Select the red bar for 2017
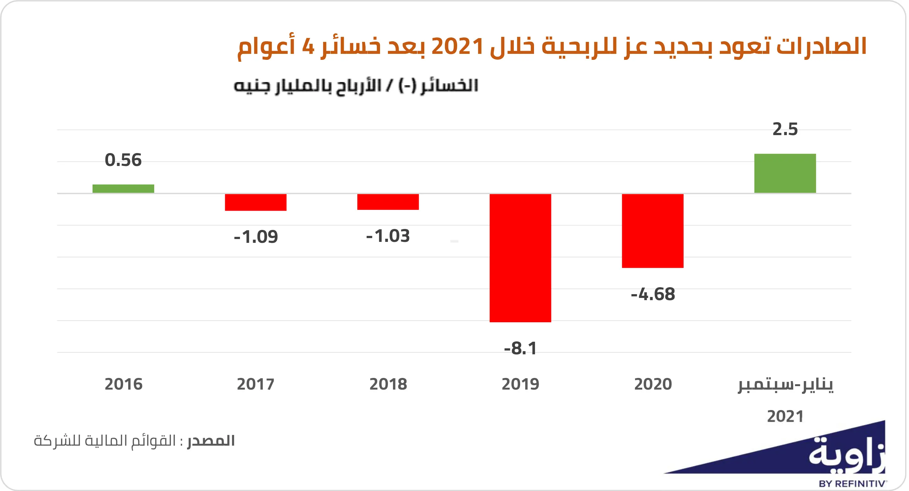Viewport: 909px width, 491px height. [x=255, y=202]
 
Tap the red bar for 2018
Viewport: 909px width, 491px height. [x=388, y=202]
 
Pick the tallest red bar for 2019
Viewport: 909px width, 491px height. [x=520, y=258]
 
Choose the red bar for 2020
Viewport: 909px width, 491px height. [x=652, y=231]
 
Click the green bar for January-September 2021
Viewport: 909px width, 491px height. [x=785, y=173]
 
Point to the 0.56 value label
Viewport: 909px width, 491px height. [x=123, y=160]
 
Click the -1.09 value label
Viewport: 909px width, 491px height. [x=255, y=237]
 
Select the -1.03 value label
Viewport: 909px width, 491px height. [x=388, y=236]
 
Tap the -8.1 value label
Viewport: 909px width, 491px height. [x=520, y=348]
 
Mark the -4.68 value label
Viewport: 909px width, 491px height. [x=652, y=294]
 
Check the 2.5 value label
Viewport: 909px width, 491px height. [x=785, y=129]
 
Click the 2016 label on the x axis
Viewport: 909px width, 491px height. [x=123, y=384]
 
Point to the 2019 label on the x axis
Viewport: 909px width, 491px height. [x=520, y=384]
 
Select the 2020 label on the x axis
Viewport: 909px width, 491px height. [x=652, y=384]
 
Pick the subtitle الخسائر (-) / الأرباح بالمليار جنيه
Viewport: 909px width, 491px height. [x=356, y=86]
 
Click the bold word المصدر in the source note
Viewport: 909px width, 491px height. [x=211, y=441]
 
